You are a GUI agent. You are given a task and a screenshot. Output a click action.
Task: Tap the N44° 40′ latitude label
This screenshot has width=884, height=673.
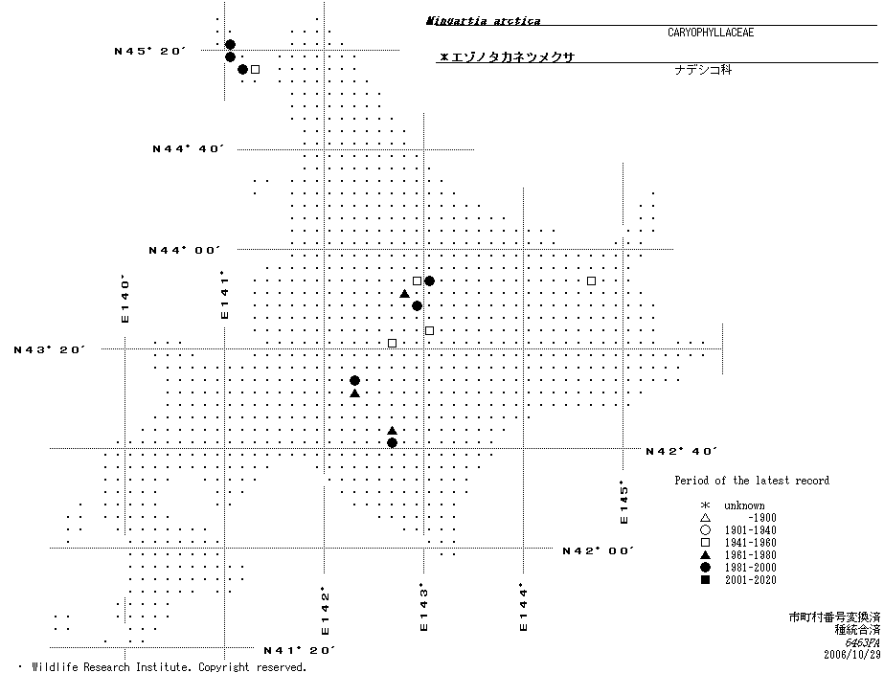click(x=188, y=148)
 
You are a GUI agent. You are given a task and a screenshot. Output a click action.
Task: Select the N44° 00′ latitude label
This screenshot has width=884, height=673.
click(x=184, y=250)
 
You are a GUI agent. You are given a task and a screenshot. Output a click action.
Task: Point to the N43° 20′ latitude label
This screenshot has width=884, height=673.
click(x=50, y=349)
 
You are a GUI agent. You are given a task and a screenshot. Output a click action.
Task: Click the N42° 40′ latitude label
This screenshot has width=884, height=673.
click(x=682, y=451)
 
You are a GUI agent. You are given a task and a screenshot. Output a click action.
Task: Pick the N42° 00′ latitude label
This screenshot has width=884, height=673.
click(x=599, y=550)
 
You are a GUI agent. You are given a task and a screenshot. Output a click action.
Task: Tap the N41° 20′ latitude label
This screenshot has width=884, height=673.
click(x=299, y=651)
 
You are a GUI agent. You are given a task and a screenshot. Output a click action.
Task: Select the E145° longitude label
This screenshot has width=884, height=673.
click(x=623, y=502)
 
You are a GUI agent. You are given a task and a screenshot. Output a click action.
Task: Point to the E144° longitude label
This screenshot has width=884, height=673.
click(x=523, y=607)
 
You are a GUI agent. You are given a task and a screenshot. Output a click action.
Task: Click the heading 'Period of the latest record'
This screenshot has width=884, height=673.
click(x=752, y=481)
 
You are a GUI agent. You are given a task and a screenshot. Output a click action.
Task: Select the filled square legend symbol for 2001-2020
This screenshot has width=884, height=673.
click(x=705, y=580)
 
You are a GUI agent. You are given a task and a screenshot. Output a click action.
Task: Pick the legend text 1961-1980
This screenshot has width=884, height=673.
click(x=750, y=555)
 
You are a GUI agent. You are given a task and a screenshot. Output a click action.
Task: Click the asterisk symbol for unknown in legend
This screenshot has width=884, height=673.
click(x=705, y=505)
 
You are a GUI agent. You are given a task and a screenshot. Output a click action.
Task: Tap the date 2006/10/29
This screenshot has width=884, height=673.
click(x=850, y=655)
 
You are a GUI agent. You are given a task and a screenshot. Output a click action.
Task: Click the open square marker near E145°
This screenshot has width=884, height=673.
click(x=591, y=280)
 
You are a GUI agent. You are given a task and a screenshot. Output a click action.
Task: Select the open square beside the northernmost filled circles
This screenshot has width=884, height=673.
click(x=255, y=69)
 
